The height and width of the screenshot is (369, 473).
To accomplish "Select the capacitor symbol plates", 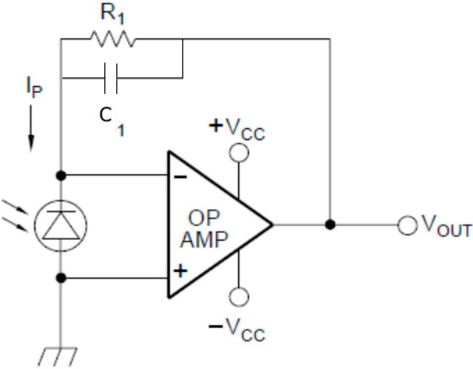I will pyautogui.click(x=111, y=77).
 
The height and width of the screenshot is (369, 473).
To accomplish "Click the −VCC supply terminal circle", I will pyautogui.click(x=240, y=296).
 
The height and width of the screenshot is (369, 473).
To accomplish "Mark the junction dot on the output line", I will pyautogui.click(x=330, y=225).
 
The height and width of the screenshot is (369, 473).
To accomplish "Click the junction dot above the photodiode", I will pyautogui.click(x=61, y=176).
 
